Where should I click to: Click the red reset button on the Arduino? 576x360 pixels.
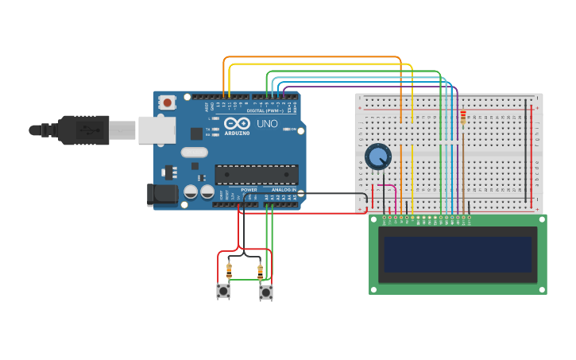167,103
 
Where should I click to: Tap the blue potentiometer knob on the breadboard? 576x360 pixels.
377,157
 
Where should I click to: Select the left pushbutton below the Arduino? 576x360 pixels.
223,292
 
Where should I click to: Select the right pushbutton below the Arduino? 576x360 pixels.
266,292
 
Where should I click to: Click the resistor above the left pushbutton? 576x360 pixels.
229,271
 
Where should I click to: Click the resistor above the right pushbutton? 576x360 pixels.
260,271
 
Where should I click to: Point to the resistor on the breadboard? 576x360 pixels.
463,117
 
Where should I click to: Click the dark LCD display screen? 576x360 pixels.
458,254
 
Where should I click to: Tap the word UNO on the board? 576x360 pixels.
267,124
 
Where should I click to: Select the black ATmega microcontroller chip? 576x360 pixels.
257,175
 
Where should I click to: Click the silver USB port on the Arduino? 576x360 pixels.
157,130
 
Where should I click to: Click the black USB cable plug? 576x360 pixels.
83,130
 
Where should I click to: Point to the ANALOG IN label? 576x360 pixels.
284,190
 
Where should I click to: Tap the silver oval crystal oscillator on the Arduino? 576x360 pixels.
194,152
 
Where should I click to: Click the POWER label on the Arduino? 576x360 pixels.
249,190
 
